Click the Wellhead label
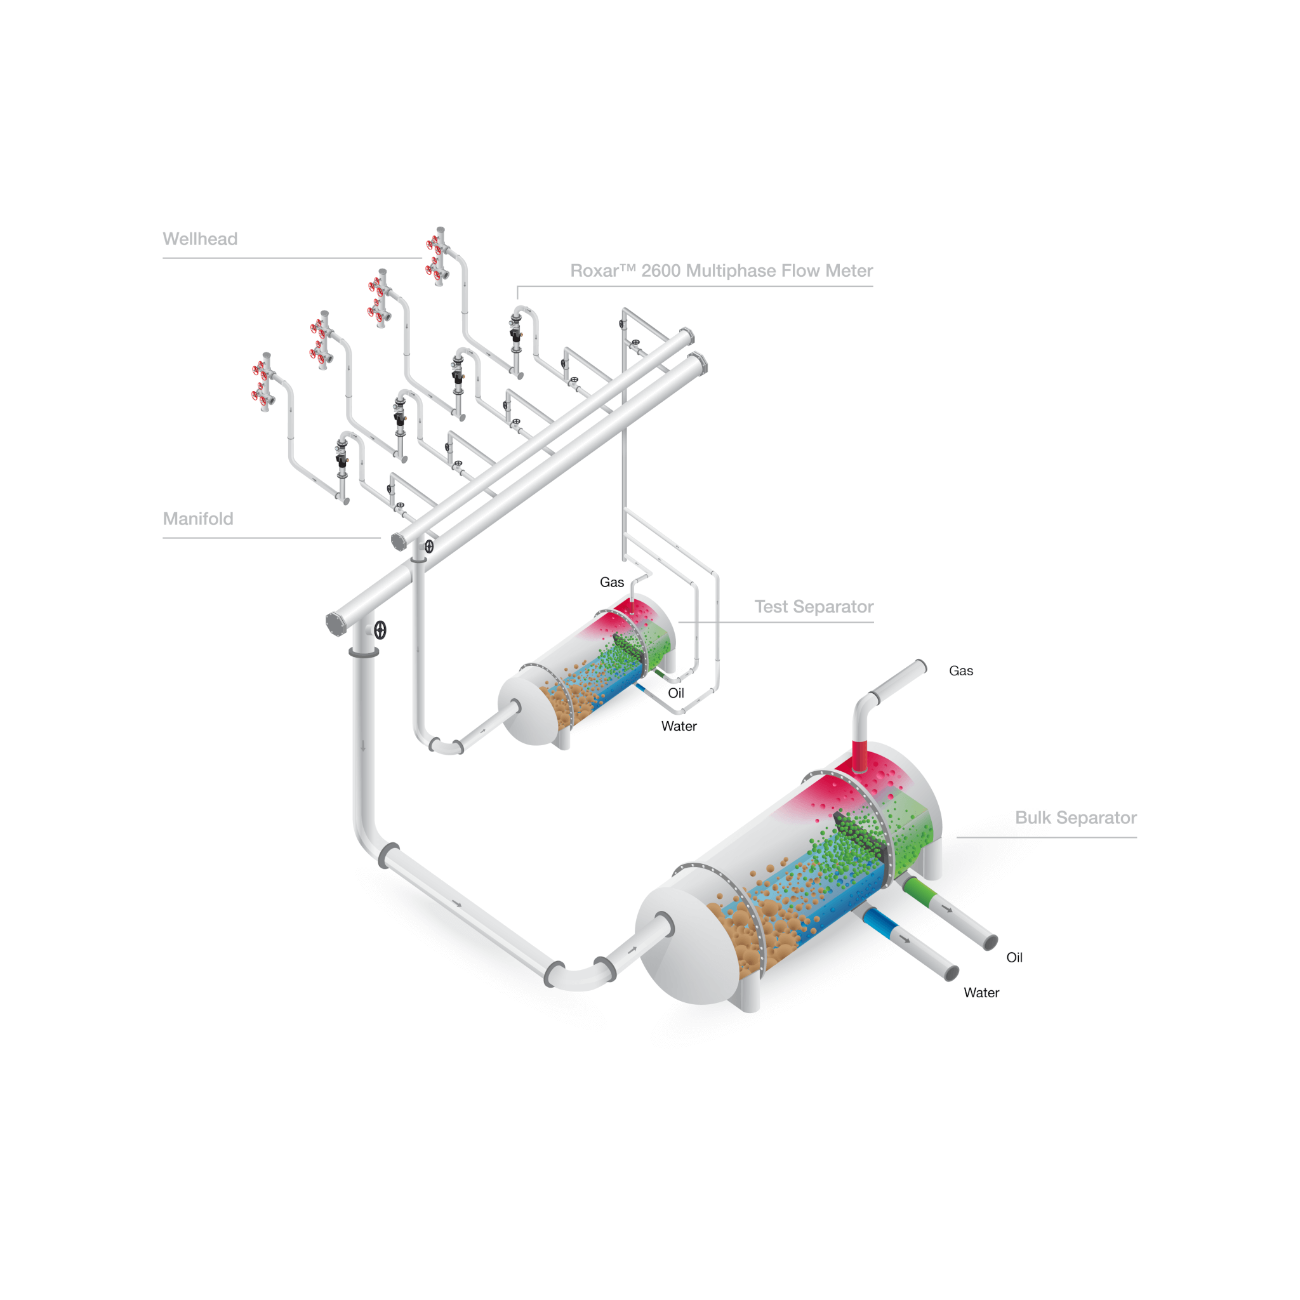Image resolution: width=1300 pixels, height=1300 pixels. point(200,239)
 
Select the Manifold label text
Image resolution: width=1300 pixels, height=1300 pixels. point(198,519)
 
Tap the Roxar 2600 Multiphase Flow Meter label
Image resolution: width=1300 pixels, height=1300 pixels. point(721,270)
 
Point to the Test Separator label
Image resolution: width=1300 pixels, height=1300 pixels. point(814,606)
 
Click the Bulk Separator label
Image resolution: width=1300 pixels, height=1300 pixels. point(1075,818)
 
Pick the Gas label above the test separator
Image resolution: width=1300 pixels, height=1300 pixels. point(612,582)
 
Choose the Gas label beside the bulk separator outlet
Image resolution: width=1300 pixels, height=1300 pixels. point(961,671)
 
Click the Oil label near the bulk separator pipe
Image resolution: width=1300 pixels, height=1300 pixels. point(1014,957)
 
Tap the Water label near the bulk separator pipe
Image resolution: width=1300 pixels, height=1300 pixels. point(981,993)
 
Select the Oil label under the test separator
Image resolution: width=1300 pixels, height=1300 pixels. point(675,693)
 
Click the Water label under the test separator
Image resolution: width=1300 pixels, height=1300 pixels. point(679,726)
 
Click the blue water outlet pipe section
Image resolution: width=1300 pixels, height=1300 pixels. point(878,922)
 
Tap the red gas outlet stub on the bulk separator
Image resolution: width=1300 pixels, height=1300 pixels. point(859,755)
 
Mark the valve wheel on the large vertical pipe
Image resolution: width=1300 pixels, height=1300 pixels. point(380,630)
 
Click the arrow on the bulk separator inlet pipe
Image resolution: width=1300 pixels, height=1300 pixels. point(632,951)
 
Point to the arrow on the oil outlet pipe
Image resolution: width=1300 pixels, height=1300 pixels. point(946,910)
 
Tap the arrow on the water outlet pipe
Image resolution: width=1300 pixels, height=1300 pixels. point(905,939)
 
